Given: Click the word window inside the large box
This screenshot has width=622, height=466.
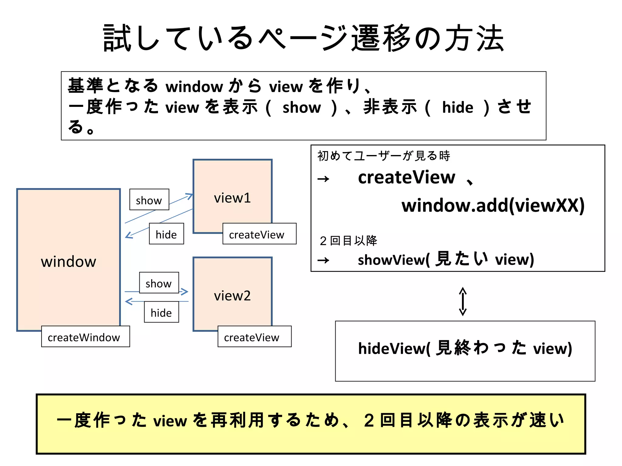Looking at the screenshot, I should (x=69, y=262).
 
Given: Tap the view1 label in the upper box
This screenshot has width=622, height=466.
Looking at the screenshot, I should (x=232, y=198).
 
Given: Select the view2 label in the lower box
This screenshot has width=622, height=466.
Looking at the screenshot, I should (x=232, y=296).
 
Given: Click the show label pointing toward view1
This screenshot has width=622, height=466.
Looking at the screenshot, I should (x=149, y=200).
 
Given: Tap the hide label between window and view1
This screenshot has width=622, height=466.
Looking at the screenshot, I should (x=166, y=234).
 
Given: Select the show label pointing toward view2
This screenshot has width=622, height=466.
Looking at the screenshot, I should (x=159, y=283).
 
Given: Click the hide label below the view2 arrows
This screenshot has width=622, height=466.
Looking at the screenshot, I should (x=161, y=312).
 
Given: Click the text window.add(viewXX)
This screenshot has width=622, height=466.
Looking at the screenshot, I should (x=493, y=205).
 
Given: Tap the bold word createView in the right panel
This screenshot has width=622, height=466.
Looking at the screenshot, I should (x=406, y=177).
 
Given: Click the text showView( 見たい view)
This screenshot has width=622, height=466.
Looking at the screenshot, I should (x=446, y=259).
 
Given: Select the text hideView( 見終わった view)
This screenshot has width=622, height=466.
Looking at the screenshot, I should (x=465, y=348).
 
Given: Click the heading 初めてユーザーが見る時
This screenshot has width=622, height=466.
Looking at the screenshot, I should (x=383, y=156).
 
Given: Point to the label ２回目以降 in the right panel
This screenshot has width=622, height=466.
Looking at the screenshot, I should (x=348, y=241).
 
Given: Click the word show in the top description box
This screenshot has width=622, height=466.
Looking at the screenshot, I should (x=301, y=107).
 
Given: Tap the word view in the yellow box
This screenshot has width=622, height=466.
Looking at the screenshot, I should (x=170, y=421).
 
